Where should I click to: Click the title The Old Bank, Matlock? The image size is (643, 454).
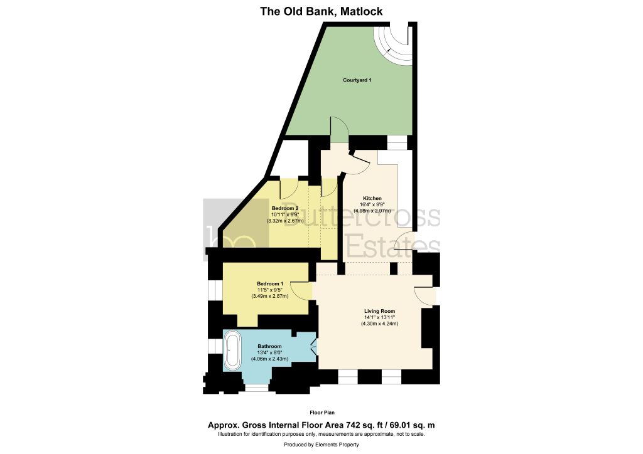pyautogui.click(x=321, y=11)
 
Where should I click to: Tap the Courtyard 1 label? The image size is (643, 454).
pyautogui.click(x=357, y=80)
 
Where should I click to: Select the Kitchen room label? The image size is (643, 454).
pyautogui.click(x=372, y=199)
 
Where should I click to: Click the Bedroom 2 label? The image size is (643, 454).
pyautogui.click(x=285, y=208)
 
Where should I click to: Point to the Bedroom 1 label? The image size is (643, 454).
pyautogui.click(x=270, y=283)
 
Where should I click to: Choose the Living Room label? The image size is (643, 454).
pyautogui.click(x=380, y=311)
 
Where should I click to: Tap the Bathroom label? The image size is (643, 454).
pyautogui.click(x=269, y=346)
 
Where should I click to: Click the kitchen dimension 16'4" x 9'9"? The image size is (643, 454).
pyautogui.click(x=372, y=204)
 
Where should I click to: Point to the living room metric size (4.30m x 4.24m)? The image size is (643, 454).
pyautogui.click(x=380, y=324)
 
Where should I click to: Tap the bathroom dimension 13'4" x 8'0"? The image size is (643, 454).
pyautogui.click(x=269, y=352)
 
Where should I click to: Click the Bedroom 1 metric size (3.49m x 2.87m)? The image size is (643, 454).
pyautogui.click(x=270, y=296)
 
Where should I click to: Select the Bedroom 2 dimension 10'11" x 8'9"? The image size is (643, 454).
pyautogui.click(x=285, y=214)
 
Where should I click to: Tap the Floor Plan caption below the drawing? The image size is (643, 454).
pyautogui.click(x=322, y=413)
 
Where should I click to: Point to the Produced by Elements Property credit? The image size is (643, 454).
pyautogui.click(x=321, y=445)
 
